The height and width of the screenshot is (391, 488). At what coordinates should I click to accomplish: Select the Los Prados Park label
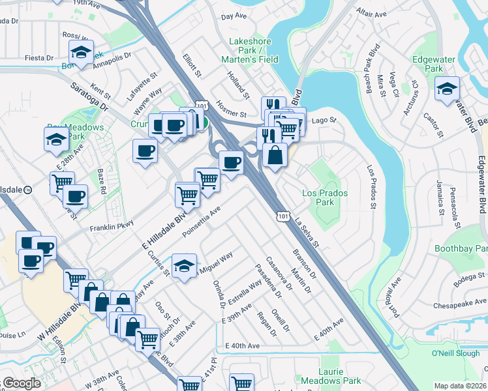pyautogui.click(x=326, y=197)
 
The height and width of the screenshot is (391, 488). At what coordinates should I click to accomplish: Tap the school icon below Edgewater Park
pyautogui.click(x=447, y=89)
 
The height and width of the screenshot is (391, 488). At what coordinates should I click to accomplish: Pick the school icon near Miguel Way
pyautogui.click(x=185, y=266)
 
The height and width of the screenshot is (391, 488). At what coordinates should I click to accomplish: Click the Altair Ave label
pyautogui.click(x=373, y=12)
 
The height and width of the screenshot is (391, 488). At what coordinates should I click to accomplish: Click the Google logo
pyautogui.click(x=21, y=383)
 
